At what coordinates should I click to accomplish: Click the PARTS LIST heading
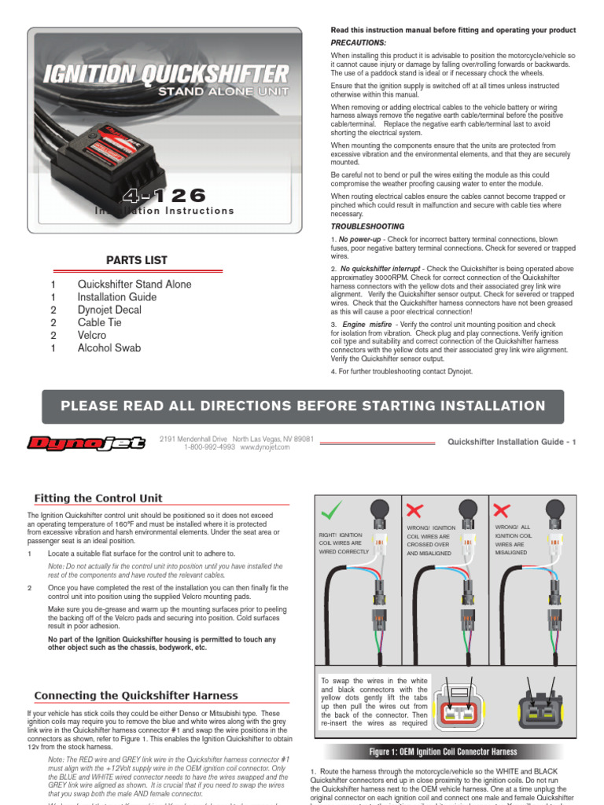point(137,260)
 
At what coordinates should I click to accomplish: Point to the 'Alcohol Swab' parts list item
point(109,347)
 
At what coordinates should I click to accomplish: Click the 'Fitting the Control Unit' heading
point(98,498)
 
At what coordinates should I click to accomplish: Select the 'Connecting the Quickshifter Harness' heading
point(136,696)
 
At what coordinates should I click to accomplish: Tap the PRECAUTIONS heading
point(359,42)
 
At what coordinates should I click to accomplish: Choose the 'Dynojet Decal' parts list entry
point(109,310)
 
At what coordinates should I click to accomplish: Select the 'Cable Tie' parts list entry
point(101,322)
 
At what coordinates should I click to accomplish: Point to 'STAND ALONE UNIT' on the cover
point(223,92)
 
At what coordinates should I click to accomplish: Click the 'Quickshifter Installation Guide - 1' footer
point(511,442)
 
